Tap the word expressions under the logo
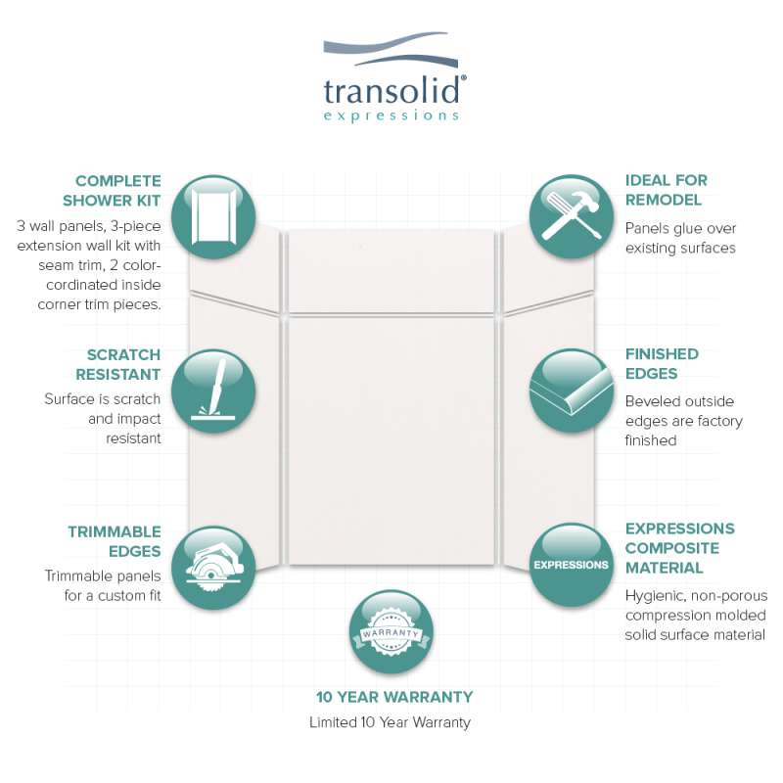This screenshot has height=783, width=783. click(391, 116)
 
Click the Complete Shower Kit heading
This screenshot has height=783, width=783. click(112, 190)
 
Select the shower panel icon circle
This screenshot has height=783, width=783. click(213, 216)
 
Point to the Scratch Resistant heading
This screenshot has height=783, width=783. click(118, 364)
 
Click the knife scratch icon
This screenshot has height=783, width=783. click(213, 391)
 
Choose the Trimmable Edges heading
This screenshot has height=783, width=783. click(115, 541)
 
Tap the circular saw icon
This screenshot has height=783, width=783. click(213, 568)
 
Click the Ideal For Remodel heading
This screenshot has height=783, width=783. click(667, 190)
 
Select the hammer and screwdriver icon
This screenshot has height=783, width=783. click(572, 216)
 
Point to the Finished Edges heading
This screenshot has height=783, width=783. click(662, 363)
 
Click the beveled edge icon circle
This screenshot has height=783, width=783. click(572, 391)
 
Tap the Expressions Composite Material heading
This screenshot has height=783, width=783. click(679, 548)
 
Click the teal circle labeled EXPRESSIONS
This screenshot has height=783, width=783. click(572, 565)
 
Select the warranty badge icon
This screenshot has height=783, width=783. click(391, 631)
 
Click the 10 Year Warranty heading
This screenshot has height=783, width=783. click(394, 697)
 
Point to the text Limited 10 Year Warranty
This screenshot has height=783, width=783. click(390, 722)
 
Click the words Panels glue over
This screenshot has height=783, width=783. click(680, 228)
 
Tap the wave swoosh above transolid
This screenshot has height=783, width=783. click(391, 50)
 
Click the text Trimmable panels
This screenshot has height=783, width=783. click(103, 576)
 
